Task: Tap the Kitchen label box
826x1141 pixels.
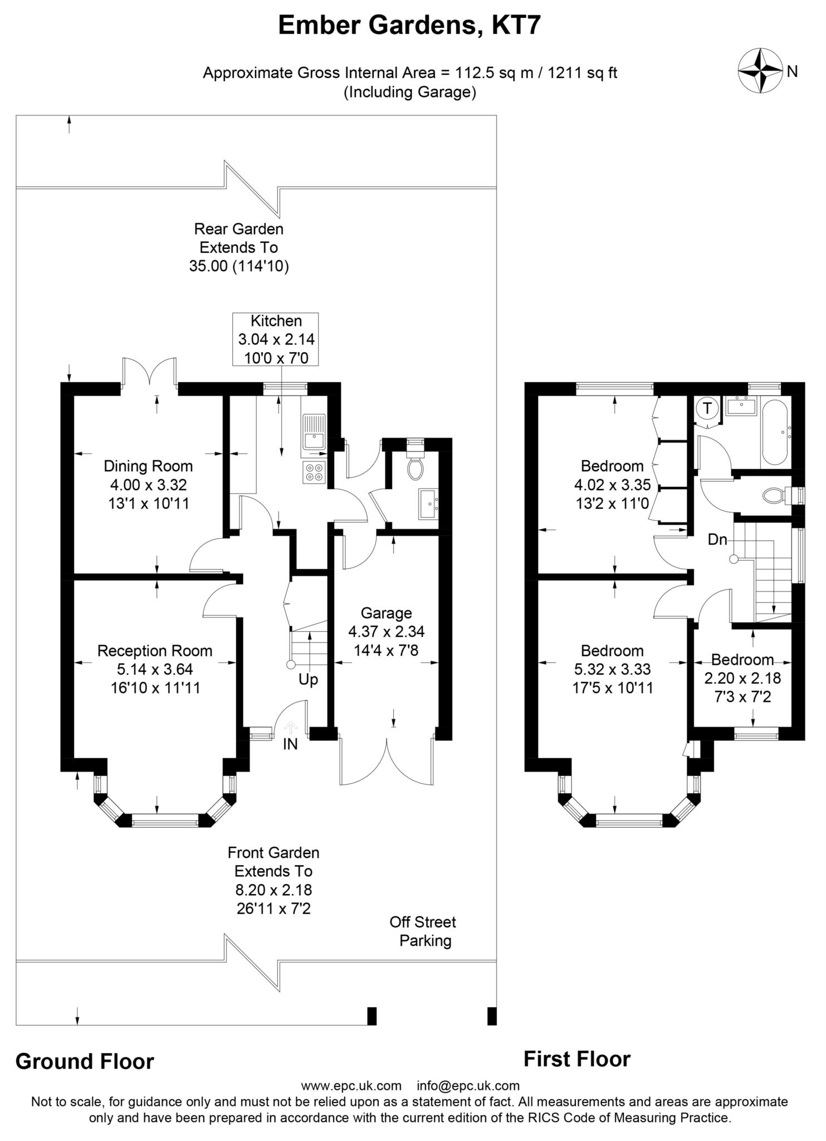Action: click(276, 339)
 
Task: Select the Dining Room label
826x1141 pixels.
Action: click(148, 466)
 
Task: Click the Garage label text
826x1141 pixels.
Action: click(386, 613)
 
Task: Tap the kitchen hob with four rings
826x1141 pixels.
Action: click(314, 472)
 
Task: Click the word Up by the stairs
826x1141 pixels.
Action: click(308, 680)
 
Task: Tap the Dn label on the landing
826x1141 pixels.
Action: click(717, 539)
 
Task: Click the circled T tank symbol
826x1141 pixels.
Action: click(707, 408)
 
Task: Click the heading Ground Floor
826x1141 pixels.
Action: click(85, 1061)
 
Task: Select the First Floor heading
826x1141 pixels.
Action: click(577, 1059)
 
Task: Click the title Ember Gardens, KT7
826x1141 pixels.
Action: click(409, 26)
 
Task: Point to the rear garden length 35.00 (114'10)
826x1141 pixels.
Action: click(239, 266)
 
